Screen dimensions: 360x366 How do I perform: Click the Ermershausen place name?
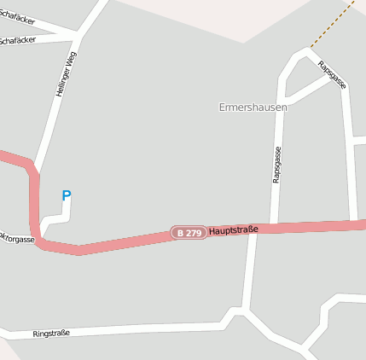click(253, 107)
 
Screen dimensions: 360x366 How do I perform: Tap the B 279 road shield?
click(189, 232)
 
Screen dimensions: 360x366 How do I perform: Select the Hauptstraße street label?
click(233, 229)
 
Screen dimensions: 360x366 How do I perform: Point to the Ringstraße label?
click(51, 333)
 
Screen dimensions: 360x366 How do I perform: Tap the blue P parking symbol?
click(67, 196)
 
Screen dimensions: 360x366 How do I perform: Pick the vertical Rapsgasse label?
click(277, 164)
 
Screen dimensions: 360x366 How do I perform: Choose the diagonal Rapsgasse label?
click(331, 74)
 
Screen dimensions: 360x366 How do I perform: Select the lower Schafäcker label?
click(18, 39)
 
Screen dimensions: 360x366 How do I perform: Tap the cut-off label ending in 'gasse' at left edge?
click(17, 240)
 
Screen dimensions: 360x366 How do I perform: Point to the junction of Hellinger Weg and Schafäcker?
click(79, 36)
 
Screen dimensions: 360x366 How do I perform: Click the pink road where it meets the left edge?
click(3, 154)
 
